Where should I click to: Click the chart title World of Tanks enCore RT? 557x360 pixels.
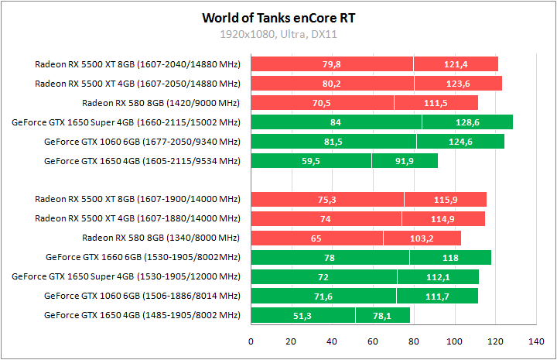click(x=278, y=17)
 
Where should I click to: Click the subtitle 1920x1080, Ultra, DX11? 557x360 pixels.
click(x=278, y=35)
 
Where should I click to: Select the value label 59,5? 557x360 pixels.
click(x=311, y=161)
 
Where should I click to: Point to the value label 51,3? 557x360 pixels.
click(x=303, y=315)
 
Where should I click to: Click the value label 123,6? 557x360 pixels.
click(x=459, y=84)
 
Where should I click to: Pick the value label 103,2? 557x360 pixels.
click(x=422, y=238)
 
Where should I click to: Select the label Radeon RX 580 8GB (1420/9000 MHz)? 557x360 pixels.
click(x=161, y=103)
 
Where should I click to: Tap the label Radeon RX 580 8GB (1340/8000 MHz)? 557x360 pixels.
click(x=161, y=238)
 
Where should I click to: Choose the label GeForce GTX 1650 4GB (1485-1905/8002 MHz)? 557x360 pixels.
click(x=142, y=315)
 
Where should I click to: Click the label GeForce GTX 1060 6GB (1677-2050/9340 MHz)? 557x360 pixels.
click(x=142, y=142)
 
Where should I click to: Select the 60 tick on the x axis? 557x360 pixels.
click(x=373, y=341)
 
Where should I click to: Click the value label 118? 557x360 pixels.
click(x=450, y=257)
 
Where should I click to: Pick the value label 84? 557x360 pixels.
click(x=336, y=122)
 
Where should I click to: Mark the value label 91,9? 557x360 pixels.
click(x=405, y=161)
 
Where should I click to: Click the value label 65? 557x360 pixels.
click(x=316, y=238)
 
